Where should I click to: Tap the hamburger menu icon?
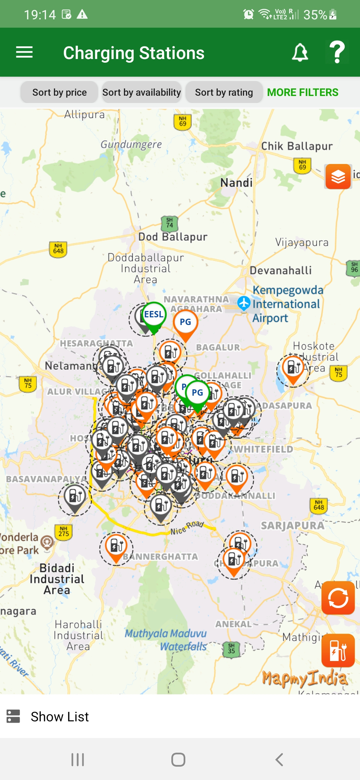click(x=24, y=52)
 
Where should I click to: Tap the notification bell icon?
click(x=300, y=52)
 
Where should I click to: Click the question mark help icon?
click(x=337, y=52)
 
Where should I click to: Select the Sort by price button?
click(x=59, y=92)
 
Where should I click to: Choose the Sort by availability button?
click(x=142, y=92)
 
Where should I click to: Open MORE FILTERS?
click(x=302, y=92)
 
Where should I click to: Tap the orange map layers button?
click(x=338, y=177)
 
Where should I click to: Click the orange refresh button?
click(x=338, y=598)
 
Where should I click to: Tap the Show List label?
click(x=60, y=717)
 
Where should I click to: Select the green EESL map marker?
click(x=154, y=315)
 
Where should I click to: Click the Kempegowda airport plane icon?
click(x=244, y=303)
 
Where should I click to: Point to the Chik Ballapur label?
click(x=297, y=146)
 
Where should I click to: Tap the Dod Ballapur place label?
click(x=173, y=237)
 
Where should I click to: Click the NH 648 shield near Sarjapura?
click(x=319, y=505)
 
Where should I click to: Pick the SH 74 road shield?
click(x=170, y=223)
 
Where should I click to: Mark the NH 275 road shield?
click(x=64, y=531)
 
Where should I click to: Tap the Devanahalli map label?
click(x=281, y=270)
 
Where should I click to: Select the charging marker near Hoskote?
click(x=293, y=367)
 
